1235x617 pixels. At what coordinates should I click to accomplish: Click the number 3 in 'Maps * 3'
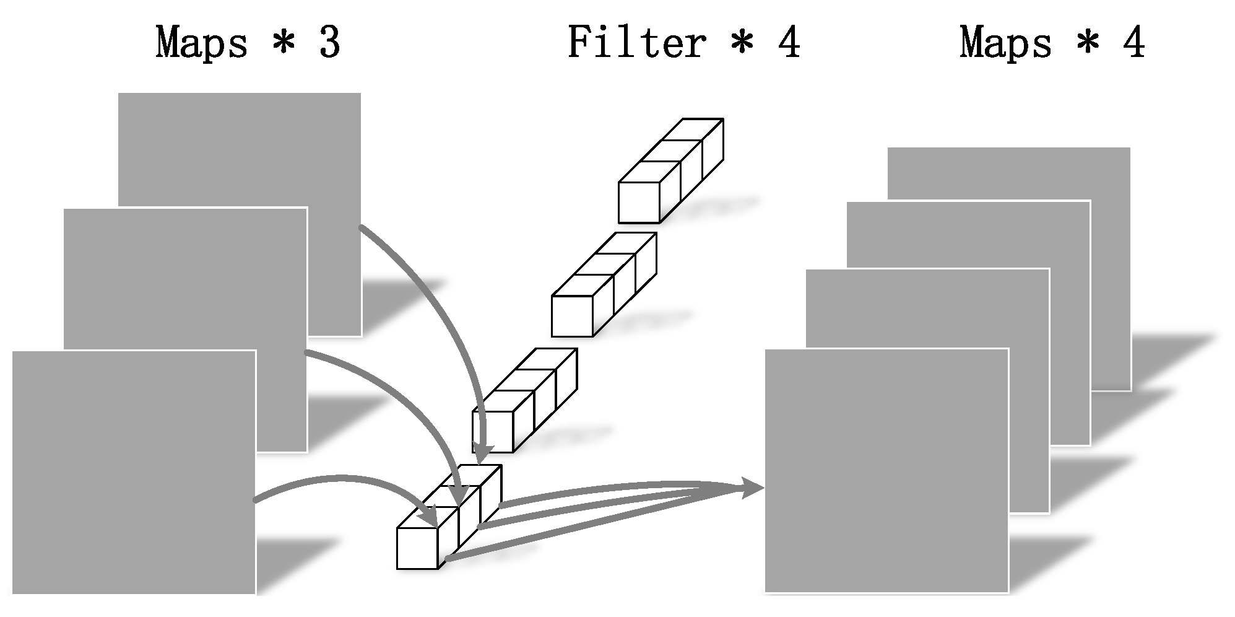click(329, 43)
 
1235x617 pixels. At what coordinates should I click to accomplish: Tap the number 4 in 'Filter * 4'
click(788, 43)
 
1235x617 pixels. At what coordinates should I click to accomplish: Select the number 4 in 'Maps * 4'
click(1134, 43)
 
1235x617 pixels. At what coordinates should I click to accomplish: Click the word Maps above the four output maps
click(1005, 43)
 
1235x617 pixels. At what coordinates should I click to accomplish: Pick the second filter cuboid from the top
click(604, 284)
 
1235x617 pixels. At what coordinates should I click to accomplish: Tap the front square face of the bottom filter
click(417, 548)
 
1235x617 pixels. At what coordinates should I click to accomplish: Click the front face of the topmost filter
click(639, 203)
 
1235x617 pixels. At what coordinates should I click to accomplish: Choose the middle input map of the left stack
click(186, 279)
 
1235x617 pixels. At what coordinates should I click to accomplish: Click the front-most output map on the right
click(886, 471)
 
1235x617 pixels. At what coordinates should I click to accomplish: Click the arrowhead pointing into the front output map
click(752, 488)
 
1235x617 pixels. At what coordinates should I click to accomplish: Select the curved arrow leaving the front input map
click(334, 479)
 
